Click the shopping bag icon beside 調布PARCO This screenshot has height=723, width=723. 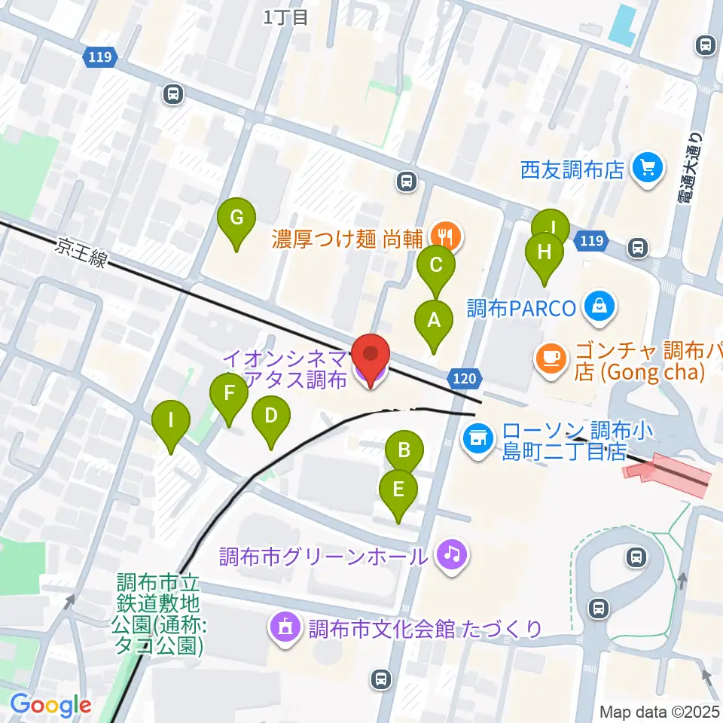tap(600, 307)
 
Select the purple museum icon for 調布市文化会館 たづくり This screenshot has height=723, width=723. tap(286, 627)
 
